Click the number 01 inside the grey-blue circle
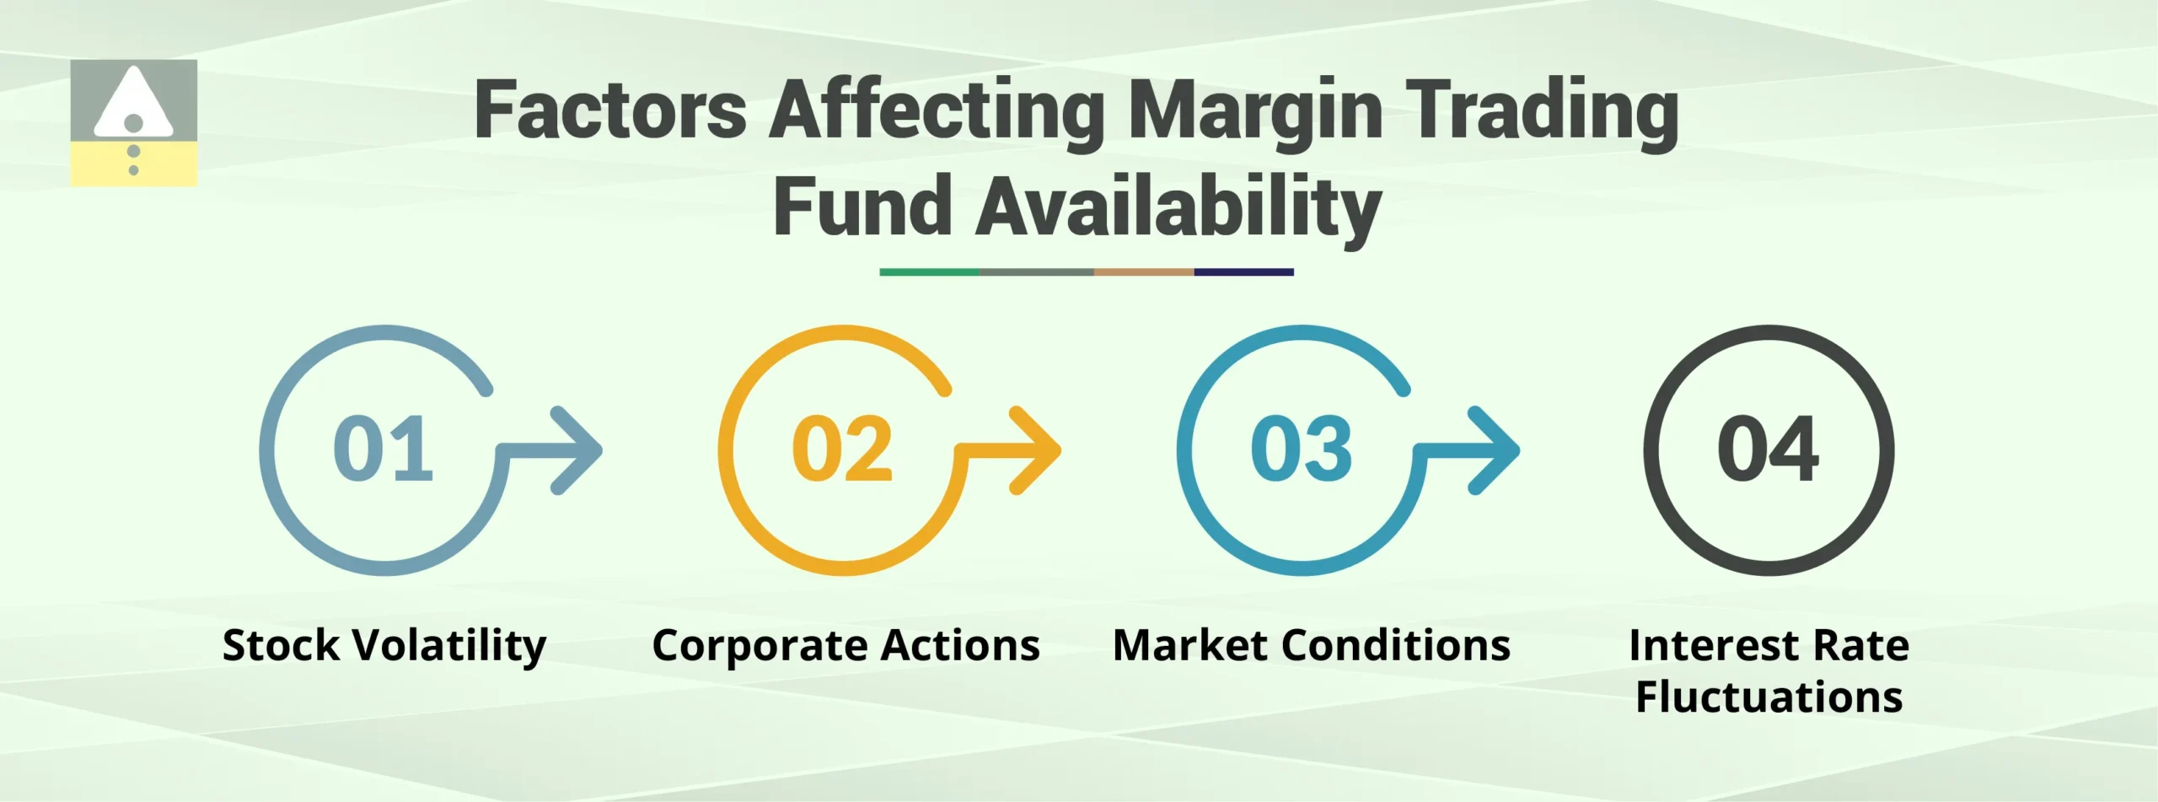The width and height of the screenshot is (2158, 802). [384, 449]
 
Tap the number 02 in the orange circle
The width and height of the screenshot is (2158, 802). [842, 449]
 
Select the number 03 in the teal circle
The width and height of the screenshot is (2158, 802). [1302, 449]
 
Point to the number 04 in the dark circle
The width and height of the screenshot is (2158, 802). [1769, 449]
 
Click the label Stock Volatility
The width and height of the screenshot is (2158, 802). [384, 646]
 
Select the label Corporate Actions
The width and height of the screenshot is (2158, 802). [845, 646]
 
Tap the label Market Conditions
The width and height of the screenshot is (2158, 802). [1311, 646]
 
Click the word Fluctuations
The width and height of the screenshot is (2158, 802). [1769, 697]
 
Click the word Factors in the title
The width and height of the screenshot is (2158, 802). [610, 111]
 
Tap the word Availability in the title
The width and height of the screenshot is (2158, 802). [1178, 207]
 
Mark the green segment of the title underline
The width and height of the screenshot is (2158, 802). [929, 272]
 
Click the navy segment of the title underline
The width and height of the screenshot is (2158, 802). [1243, 272]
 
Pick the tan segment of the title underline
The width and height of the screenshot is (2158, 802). [1144, 272]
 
